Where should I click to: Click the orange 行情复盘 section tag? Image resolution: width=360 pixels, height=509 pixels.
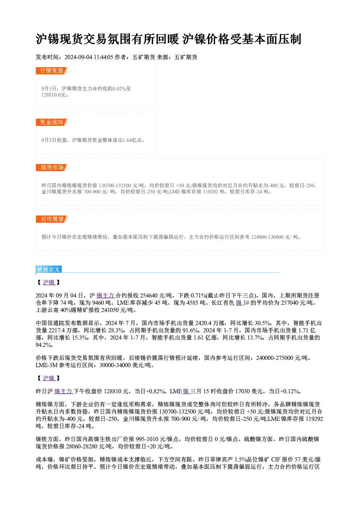click(52, 71)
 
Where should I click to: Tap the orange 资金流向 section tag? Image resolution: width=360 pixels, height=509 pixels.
click(52, 122)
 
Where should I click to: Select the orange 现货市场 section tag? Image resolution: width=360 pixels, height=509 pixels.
click(52, 168)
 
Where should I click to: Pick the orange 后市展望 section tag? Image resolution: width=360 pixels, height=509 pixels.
click(52, 219)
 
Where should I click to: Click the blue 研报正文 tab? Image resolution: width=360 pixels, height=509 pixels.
click(49, 270)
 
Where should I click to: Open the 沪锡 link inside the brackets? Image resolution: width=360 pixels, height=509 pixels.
click(49, 283)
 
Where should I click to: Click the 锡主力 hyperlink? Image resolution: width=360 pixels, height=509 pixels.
click(106, 295)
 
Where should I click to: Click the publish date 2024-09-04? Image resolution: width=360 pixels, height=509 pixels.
click(78, 57)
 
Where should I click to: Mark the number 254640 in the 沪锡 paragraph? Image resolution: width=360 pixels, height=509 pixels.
click(149, 295)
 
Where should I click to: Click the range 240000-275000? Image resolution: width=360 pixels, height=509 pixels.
click(275, 358)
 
